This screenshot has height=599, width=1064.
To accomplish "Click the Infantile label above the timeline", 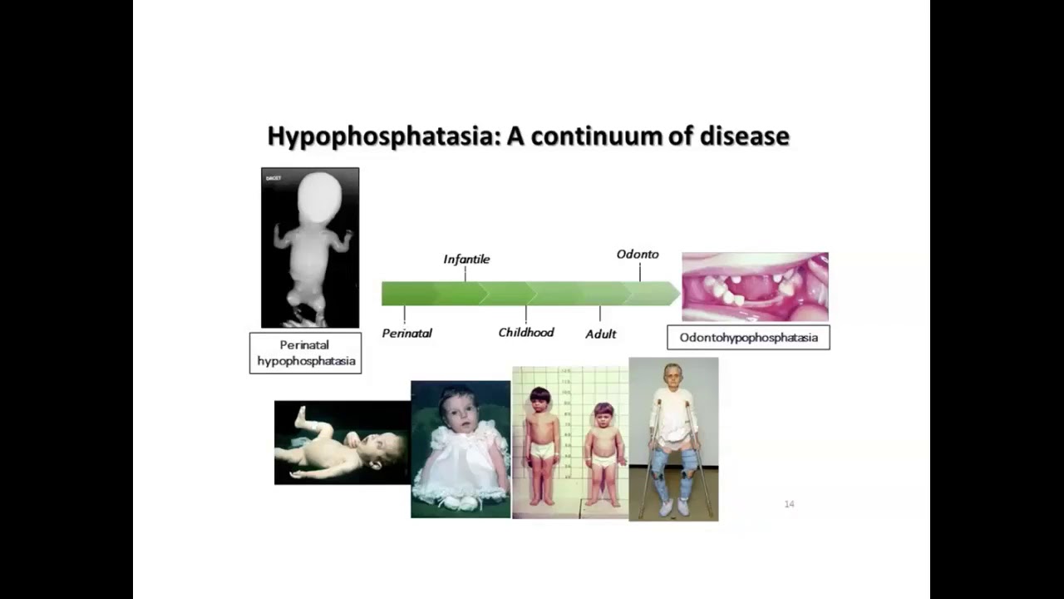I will coord(466,260).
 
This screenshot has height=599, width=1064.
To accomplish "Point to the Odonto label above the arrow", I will coord(638,254).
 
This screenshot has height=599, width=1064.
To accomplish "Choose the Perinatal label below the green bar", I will coord(406,334).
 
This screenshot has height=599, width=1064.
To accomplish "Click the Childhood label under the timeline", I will coord(526,333).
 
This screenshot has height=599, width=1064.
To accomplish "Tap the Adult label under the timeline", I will coord(600,334).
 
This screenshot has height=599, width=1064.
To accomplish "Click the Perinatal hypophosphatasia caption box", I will coord(306,353).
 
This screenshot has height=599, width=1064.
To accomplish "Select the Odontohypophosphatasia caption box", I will coord(748,338).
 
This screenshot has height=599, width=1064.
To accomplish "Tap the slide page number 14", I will coord(789,504).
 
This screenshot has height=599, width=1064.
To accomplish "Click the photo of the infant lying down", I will coord(342,443).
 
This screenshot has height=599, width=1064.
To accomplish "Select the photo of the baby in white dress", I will coord(461,449).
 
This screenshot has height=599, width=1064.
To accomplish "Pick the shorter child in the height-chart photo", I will coord(603,453).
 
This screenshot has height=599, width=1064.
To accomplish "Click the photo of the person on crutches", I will coord(673,439).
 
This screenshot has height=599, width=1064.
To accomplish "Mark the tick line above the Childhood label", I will coord(526,314).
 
